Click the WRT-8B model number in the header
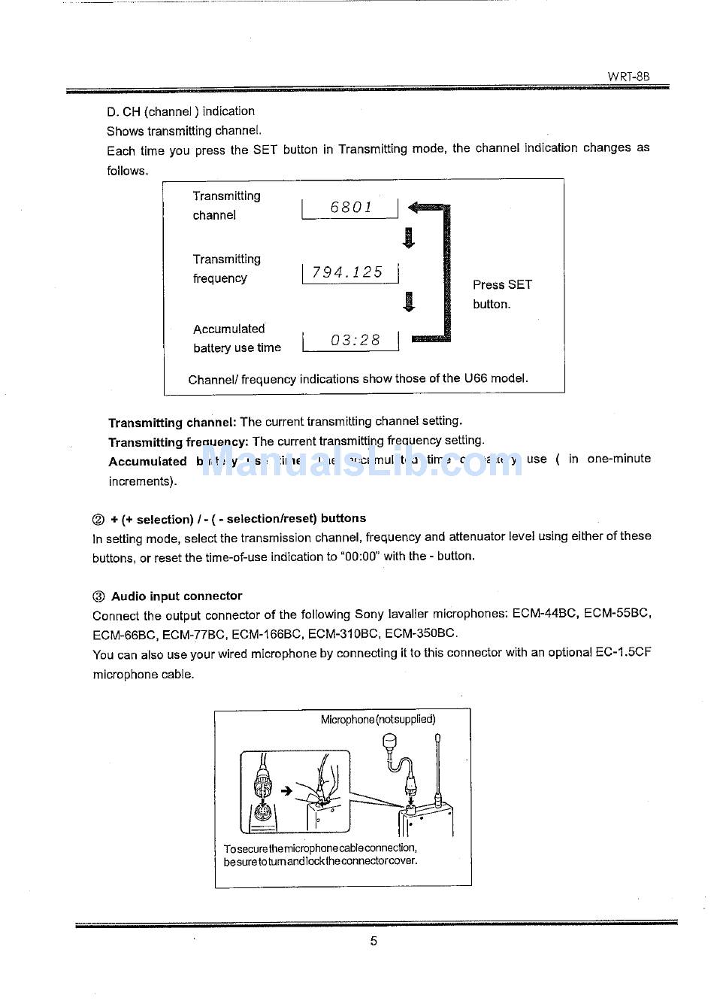[628, 77]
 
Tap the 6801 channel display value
[351, 208]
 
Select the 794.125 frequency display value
[347, 272]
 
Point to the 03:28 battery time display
[355, 341]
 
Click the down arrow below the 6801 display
[409, 238]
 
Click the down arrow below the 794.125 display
[409, 301]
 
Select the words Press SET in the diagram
[502, 285]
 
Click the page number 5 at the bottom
[374, 941]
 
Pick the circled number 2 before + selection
[98, 520]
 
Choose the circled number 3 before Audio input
[98, 597]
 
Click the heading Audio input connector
[177, 596]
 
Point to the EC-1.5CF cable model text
[623, 653]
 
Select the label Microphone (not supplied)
[378, 720]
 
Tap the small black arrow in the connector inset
[286, 790]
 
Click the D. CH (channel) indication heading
[180, 111]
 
